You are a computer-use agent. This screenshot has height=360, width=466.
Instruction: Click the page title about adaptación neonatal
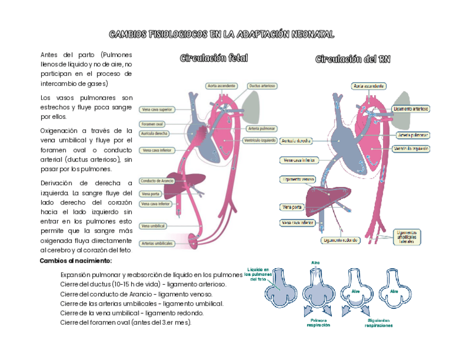coord(221,35)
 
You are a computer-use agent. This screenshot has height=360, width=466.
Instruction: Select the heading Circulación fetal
coord(214,58)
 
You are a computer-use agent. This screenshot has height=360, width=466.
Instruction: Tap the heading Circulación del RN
coord(353,59)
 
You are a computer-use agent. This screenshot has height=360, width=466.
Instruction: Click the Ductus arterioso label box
coord(262,86)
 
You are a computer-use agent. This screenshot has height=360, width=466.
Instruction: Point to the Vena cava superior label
coord(157,109)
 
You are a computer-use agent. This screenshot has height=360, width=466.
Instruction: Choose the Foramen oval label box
coord(152,124)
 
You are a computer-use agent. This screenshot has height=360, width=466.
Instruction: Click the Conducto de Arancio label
coord(157,181)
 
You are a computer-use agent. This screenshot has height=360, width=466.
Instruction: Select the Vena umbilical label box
coord(153,226)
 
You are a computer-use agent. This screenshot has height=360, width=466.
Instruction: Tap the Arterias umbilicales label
coord(157,243)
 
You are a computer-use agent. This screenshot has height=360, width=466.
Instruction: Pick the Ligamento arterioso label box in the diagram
coord(411,109)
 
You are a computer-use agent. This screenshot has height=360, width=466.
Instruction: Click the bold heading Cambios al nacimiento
coord(76,261)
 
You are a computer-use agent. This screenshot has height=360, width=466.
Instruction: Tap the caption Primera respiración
coord(319,322)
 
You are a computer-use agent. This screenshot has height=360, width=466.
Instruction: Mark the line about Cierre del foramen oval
coord(126,322)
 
